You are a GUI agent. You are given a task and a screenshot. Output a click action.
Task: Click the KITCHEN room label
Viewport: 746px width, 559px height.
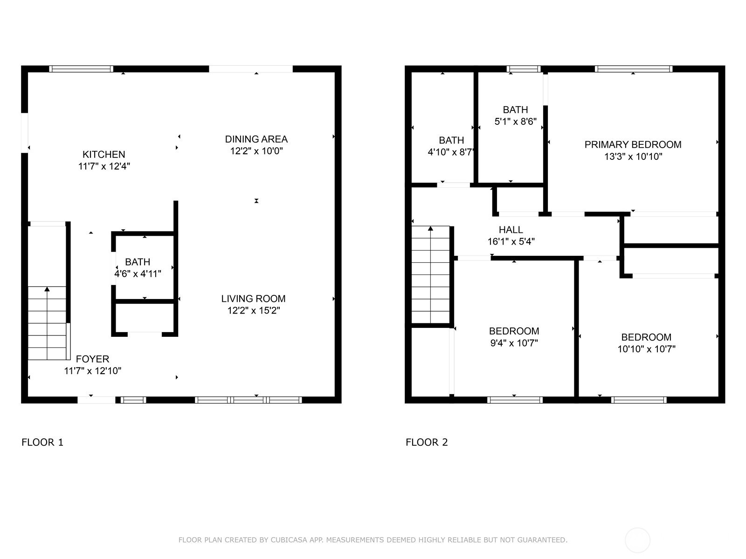click(104, 155)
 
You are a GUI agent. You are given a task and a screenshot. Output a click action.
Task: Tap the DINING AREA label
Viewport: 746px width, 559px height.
click(256, 139)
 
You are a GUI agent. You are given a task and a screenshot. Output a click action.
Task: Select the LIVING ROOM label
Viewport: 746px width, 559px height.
click(253, 299)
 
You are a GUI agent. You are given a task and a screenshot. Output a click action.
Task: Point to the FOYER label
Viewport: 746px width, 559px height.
click(92, 359)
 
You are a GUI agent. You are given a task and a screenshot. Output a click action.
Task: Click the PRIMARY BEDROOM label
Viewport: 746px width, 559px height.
click(633, 144)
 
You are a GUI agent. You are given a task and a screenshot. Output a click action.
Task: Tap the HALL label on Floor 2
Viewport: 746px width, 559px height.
click(511, 230)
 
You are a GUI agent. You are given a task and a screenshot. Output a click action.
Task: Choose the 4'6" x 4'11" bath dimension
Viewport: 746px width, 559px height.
click(138, 273)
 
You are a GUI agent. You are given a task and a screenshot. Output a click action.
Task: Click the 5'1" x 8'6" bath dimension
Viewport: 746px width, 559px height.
click(516, 122)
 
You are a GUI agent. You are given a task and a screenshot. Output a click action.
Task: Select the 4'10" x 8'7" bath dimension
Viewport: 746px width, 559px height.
click(451, 152)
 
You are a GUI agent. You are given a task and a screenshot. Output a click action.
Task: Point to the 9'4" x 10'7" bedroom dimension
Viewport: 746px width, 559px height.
click(514, 343)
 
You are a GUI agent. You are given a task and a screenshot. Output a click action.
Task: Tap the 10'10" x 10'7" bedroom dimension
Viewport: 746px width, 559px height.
click(646, 349)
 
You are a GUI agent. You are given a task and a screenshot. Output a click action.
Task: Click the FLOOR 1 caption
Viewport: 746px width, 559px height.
click(42, 442)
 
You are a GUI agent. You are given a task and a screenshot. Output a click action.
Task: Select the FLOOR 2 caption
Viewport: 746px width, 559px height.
click(427, 442)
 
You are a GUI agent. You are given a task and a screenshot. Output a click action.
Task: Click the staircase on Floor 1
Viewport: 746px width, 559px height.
click(47, 323)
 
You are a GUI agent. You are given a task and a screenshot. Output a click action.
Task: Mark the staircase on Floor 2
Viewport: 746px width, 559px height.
click(431, 274)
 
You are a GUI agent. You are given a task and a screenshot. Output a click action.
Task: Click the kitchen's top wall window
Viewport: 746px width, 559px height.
click(81, 69)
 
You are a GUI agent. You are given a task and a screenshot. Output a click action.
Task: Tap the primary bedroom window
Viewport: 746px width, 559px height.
click(634, 69)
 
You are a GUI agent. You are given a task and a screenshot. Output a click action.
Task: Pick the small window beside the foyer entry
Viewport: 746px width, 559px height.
click(133, 400)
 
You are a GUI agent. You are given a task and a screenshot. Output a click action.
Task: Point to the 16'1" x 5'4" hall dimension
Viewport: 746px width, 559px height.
click(511, 242)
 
